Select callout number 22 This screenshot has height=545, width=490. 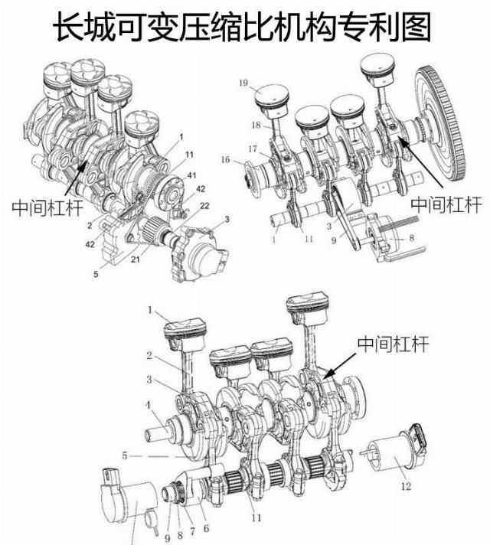pos(206,205)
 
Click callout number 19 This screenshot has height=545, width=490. pos(244,81)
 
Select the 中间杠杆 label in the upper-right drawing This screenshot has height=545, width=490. pos(446,204)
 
